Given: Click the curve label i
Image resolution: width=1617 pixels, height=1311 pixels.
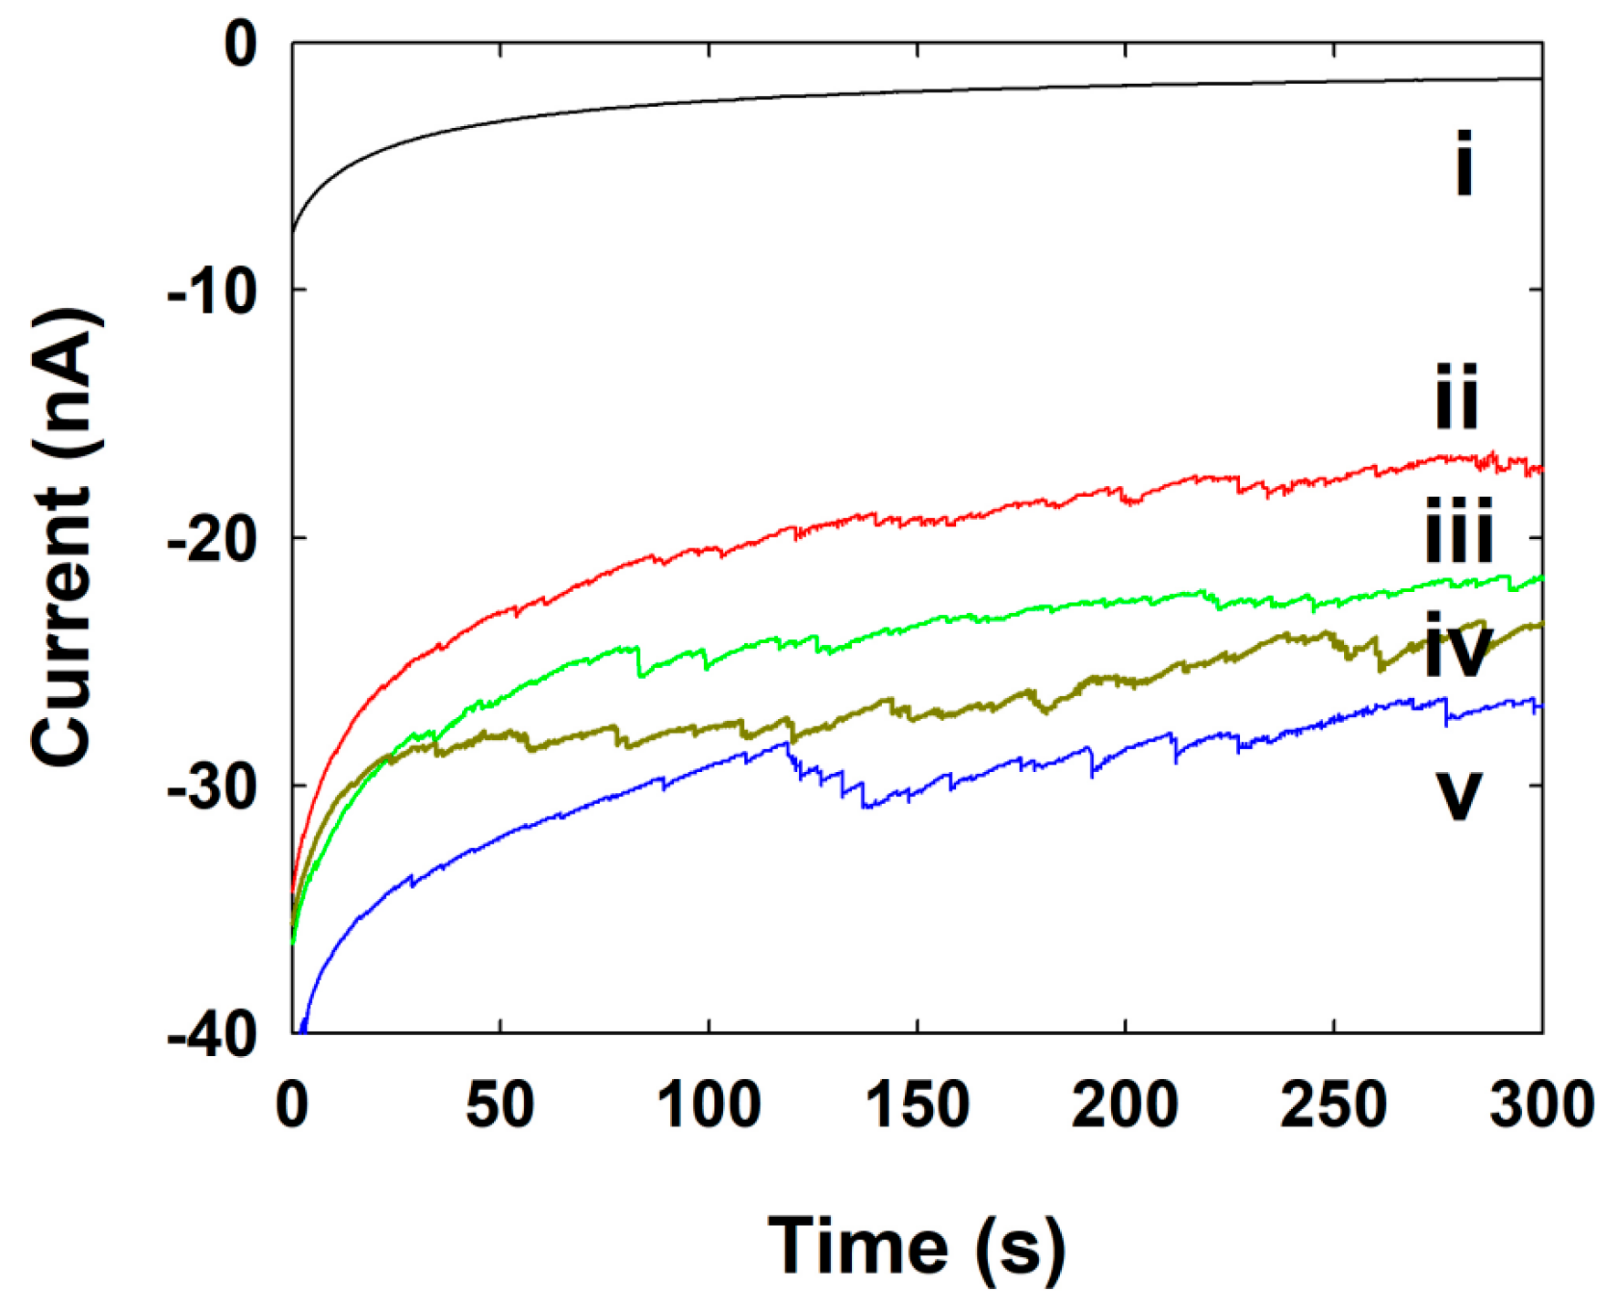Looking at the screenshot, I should pos(1463,164).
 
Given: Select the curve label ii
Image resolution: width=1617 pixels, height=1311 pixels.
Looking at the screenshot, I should pos(1456,396).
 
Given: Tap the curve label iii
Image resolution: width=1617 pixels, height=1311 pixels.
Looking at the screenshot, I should pos(1458,531).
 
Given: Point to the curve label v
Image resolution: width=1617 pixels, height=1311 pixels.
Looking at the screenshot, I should pos(1458,795).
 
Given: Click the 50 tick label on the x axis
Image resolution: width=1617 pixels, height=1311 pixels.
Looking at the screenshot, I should pos(499,1105).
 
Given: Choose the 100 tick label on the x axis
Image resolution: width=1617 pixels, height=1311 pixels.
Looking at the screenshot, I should pos(708,1105).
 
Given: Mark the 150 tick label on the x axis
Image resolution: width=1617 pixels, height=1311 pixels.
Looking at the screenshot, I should pos(917,1105).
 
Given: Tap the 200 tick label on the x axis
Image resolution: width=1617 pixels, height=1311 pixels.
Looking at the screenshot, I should pos(1125,1105).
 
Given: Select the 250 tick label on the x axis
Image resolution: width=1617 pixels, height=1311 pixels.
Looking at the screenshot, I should pos(1333,1105).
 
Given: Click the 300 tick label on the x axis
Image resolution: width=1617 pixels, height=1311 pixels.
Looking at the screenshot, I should pos(1541,1105).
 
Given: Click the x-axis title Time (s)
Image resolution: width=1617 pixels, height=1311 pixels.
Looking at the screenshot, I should pos(916,1247).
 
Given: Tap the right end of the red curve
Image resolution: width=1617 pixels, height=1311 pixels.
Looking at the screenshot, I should pos(1541,470).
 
